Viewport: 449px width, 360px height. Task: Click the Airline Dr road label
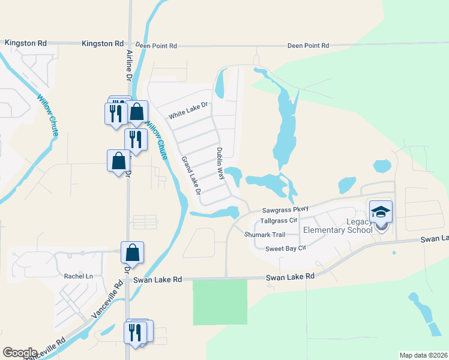(x=128, y=65)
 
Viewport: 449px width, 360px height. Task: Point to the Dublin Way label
(x=220, y=164)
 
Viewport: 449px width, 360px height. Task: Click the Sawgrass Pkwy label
(x=285, y=209)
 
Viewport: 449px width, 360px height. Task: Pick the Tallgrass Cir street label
(x=280, y=221)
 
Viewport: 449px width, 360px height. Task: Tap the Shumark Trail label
(x=264, y=235)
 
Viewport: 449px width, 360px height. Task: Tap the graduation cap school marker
(x=381, y=212)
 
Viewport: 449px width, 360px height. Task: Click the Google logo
(x=20, y=353)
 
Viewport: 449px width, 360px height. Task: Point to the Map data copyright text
(x=424, y=355)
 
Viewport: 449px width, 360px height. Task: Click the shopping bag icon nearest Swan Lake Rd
(x=132, y=253)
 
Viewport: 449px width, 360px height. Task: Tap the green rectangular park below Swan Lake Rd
(x=220, y=301)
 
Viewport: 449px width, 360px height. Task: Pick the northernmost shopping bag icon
(x=137, y=112)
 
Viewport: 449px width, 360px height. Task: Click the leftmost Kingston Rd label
(x=25, y=43)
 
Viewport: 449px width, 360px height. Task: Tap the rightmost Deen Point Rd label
(x=308, y=46)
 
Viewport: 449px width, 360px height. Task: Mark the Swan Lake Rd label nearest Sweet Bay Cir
(x=291, y=277)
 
